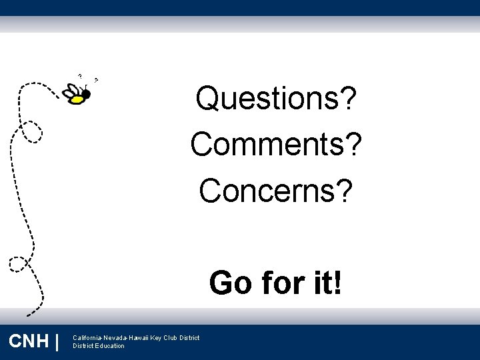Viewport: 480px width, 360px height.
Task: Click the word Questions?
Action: click(275, 100)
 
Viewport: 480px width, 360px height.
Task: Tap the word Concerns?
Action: click(275, 190)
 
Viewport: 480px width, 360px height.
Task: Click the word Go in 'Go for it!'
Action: click(231, 283)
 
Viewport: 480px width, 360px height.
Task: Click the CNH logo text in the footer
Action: click(29, 341)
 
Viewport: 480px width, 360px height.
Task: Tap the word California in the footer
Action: click(87, 337)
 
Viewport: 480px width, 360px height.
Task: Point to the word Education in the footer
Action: click(110, 346)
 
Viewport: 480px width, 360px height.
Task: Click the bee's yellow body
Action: click(78, 99)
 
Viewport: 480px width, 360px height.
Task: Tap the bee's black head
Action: click(86, 94)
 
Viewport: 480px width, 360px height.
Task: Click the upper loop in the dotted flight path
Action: click(30, 131)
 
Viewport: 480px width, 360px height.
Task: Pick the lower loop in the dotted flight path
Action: click(19, 263)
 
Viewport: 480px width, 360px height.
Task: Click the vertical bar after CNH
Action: click(58, 341)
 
